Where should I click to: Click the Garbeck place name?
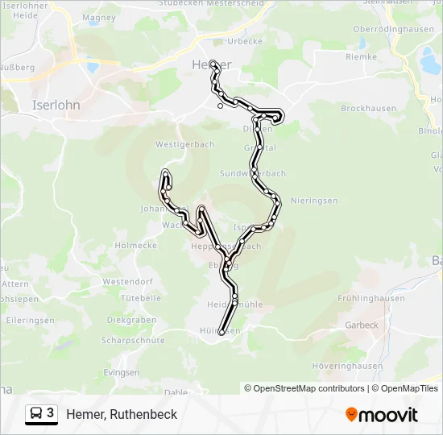click(x=361, y=325)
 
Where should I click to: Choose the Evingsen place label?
click(x=122, y=373)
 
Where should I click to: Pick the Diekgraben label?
click(x=131, y=320)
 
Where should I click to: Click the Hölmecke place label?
click(x=136, y=246)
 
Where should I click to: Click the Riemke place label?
click(x=361, y=57)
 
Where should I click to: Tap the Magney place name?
click(x=99, y=17)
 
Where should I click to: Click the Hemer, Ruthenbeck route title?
click(x=122, y=414)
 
